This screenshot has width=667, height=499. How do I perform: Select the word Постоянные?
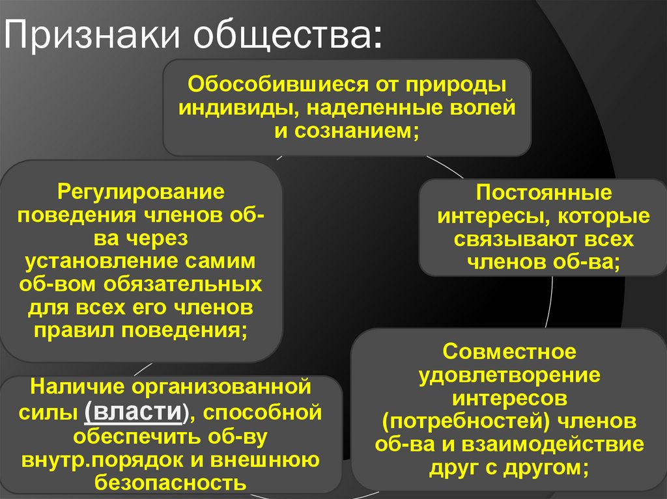click(x=543, y=193)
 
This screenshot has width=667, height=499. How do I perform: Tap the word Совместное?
click(x=509, y=352)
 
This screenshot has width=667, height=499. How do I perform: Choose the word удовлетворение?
click(x=509, y=375)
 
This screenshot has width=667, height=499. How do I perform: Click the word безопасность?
click(x=170, y=483)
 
